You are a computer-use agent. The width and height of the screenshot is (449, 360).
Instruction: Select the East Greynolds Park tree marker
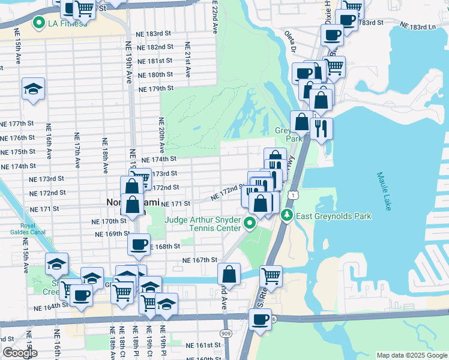(x=288, y=215)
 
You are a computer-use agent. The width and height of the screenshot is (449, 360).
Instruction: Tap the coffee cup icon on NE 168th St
(x=139, y=244)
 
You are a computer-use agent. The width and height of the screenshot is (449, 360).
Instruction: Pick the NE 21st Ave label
(x=188, y=60)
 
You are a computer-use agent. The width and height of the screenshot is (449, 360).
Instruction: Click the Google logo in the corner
(x=20, y=352)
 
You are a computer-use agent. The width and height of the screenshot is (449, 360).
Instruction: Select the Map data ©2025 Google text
(x=412, y=355)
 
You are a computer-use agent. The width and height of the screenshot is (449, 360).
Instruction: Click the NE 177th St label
(x=18, y=123)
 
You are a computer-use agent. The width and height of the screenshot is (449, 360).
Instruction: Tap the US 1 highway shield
(x=292, y=195)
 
